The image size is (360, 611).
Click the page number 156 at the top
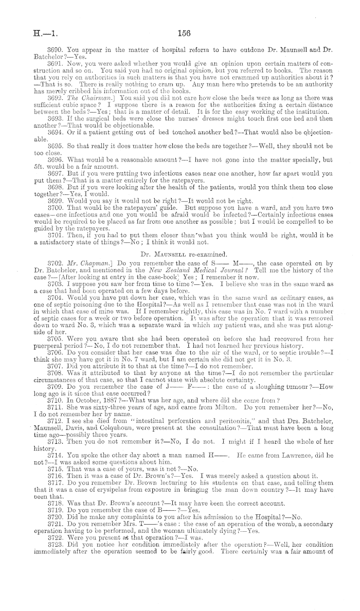point(184,34)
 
